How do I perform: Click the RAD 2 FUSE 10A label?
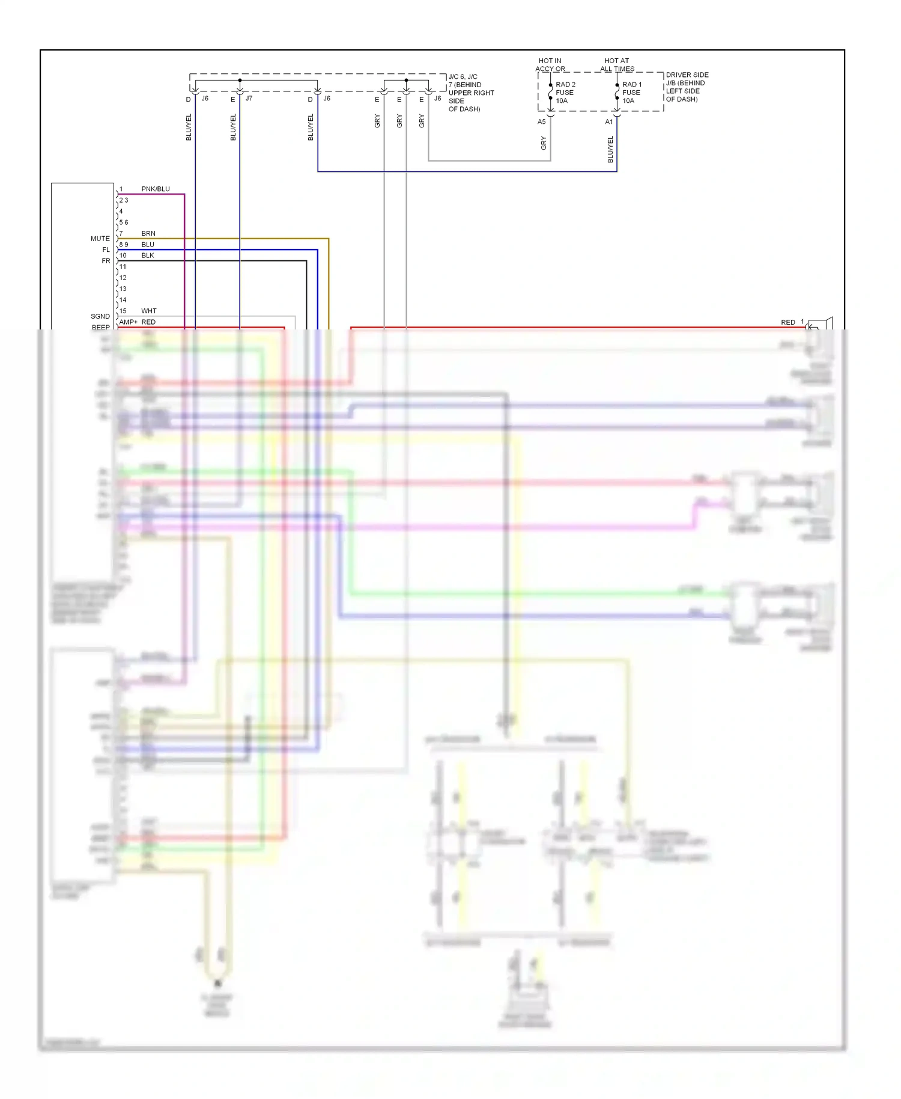click(565, 93)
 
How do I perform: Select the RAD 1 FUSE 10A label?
click(631, 93)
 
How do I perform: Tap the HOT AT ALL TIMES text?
click(617, 65)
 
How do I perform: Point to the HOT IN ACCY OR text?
click(550, 65)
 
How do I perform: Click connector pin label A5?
click(541, 121)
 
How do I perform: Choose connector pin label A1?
click(608, 121)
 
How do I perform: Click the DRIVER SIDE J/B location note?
click(687, 87)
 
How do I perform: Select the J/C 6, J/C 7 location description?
click(470, 93)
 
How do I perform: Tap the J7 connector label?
click(249, 98)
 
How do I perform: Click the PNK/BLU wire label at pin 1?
click(155, 189)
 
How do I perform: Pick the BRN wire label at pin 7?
click(148, 233)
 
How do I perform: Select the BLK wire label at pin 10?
click(147, 256)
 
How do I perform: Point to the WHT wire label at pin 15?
click(148, 311)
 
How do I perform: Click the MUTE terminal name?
click(100, 239)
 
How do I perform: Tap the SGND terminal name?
click(100, 316)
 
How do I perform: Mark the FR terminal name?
click(106, 261)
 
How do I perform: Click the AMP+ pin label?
click(128, 322)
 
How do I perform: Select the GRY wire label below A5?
click(544, 143)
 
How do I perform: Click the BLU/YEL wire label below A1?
click(610, 149)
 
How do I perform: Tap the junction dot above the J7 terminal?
click(240, 80)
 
